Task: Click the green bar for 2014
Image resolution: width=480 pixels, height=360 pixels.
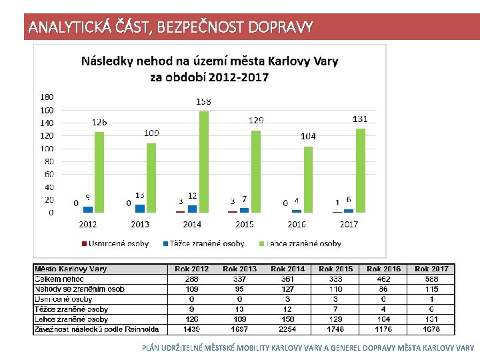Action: [x=203, y=162]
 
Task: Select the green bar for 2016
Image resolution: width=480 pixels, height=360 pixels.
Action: [x=307, y=179]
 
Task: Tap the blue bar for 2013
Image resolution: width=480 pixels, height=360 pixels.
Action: [x=140, y=208]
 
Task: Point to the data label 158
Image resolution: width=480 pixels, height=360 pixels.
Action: [x=204, y=102]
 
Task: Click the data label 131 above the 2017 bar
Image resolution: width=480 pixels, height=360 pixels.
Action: [x=359, y=119]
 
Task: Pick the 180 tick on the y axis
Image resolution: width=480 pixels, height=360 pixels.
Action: [x=47, y=97]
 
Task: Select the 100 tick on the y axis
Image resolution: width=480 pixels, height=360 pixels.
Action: [x=47, y=148]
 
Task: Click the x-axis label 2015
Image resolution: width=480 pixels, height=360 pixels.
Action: [x=244, y=224]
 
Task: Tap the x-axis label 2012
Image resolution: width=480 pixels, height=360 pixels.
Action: [x=88, y=224]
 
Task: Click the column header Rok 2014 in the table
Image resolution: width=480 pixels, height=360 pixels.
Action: [x=287, y=269]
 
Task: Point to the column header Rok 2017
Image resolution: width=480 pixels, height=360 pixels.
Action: [x=431, y=269]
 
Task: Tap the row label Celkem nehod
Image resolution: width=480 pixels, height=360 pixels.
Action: [x=60, y=279]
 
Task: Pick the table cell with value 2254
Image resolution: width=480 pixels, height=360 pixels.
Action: [x=287, y=329]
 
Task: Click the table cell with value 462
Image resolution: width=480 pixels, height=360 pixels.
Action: [x=383, y=279]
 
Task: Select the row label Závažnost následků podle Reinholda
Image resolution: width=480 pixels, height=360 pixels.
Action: [x=97, y=329]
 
